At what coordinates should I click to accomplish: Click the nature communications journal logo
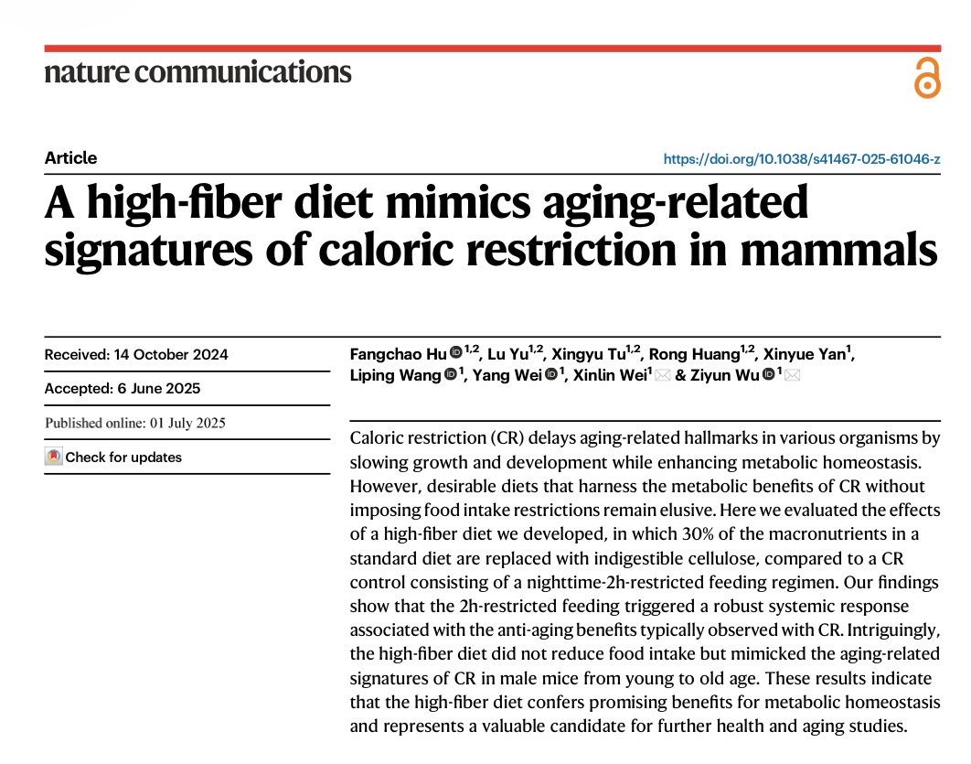tap(197, 72)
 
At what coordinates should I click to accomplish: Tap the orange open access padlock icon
tap(926, 78)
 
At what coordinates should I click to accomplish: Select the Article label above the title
tap(70, 157)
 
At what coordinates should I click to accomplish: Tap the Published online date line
tap(135, 423)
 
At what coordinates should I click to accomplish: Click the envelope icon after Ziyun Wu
tap(792, 375)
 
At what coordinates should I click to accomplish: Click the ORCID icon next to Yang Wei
tap(551, 375)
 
